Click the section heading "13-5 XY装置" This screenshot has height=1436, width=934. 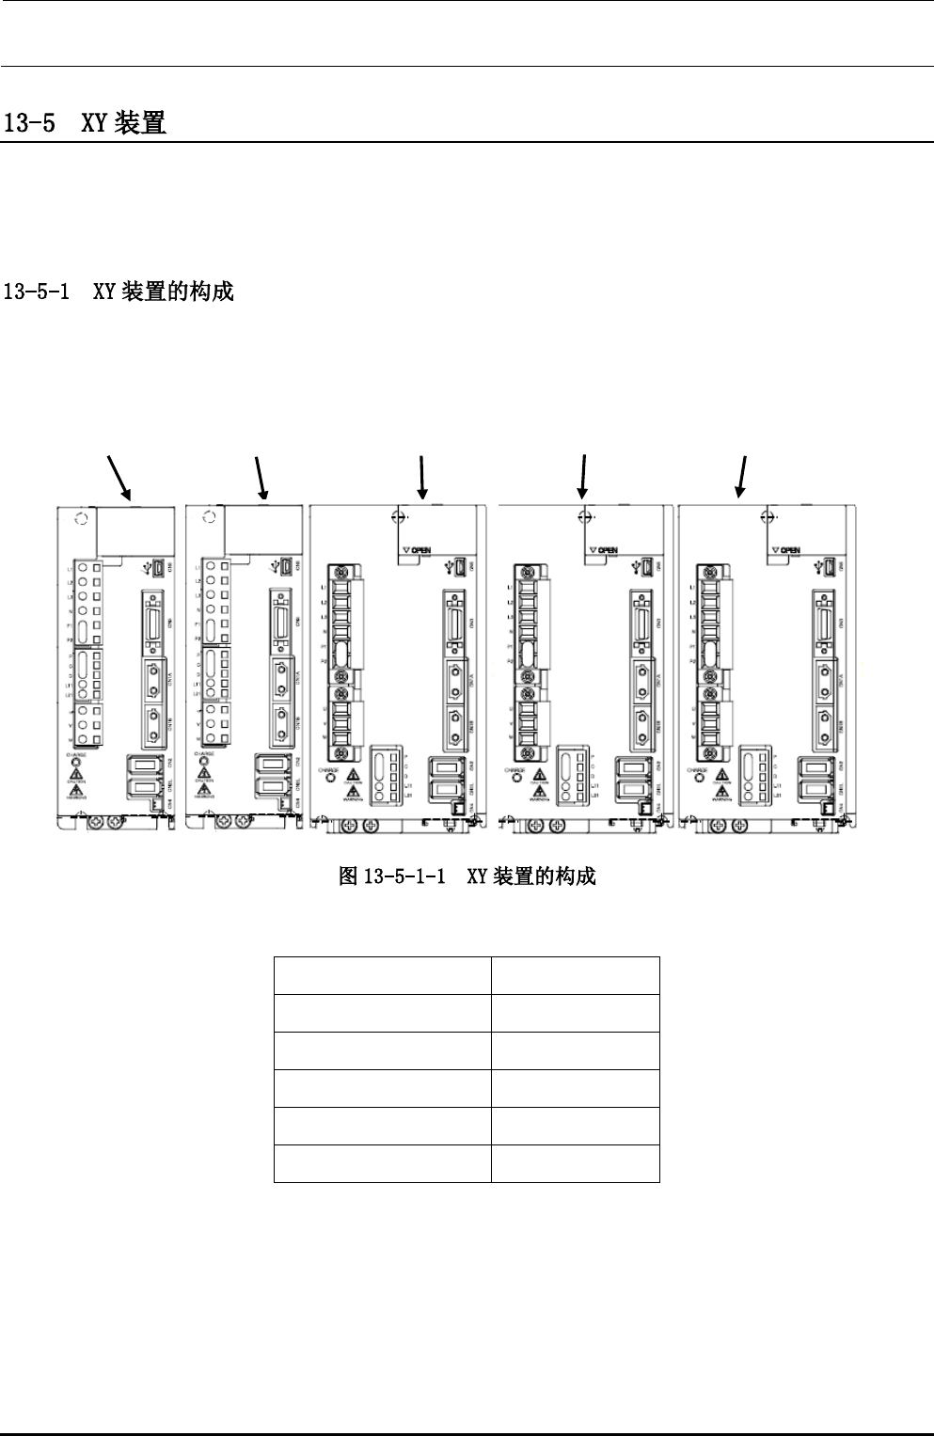click(x=86, y=123)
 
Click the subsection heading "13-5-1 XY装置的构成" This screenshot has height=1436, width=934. click(x=119, y=292)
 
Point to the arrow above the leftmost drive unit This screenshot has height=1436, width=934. click(x=119, y=477)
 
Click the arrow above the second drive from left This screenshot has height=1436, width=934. click(x=261, y=477)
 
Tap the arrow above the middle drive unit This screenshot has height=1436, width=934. click(x=423, y=476)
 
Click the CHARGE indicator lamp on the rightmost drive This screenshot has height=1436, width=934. click(x=697, y=780)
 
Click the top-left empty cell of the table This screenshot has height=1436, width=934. click(x=382, y=975)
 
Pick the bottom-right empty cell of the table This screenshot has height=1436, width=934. click(x=575, y=1163)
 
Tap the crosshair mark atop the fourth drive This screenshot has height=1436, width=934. click(x=584, y=515)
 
